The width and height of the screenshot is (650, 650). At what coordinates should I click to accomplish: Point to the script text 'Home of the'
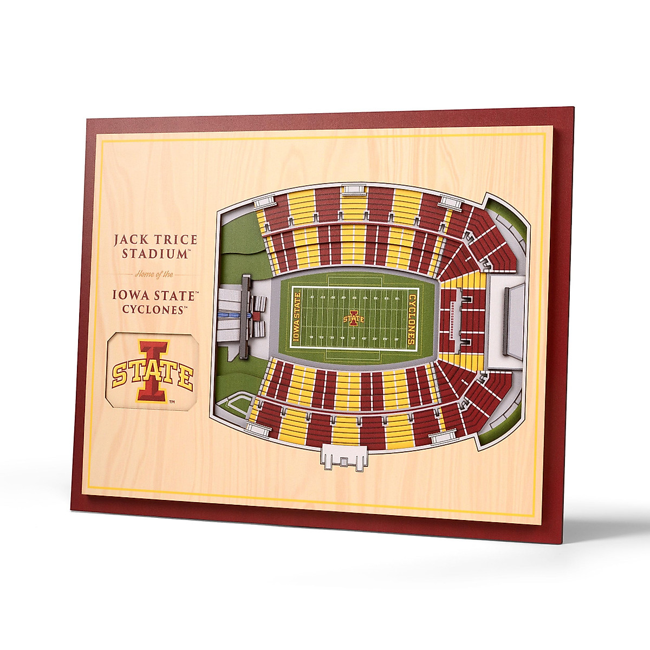154,275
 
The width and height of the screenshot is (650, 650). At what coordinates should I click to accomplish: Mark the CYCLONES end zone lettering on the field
412,320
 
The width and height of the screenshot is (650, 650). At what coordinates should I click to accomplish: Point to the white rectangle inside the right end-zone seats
451,320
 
